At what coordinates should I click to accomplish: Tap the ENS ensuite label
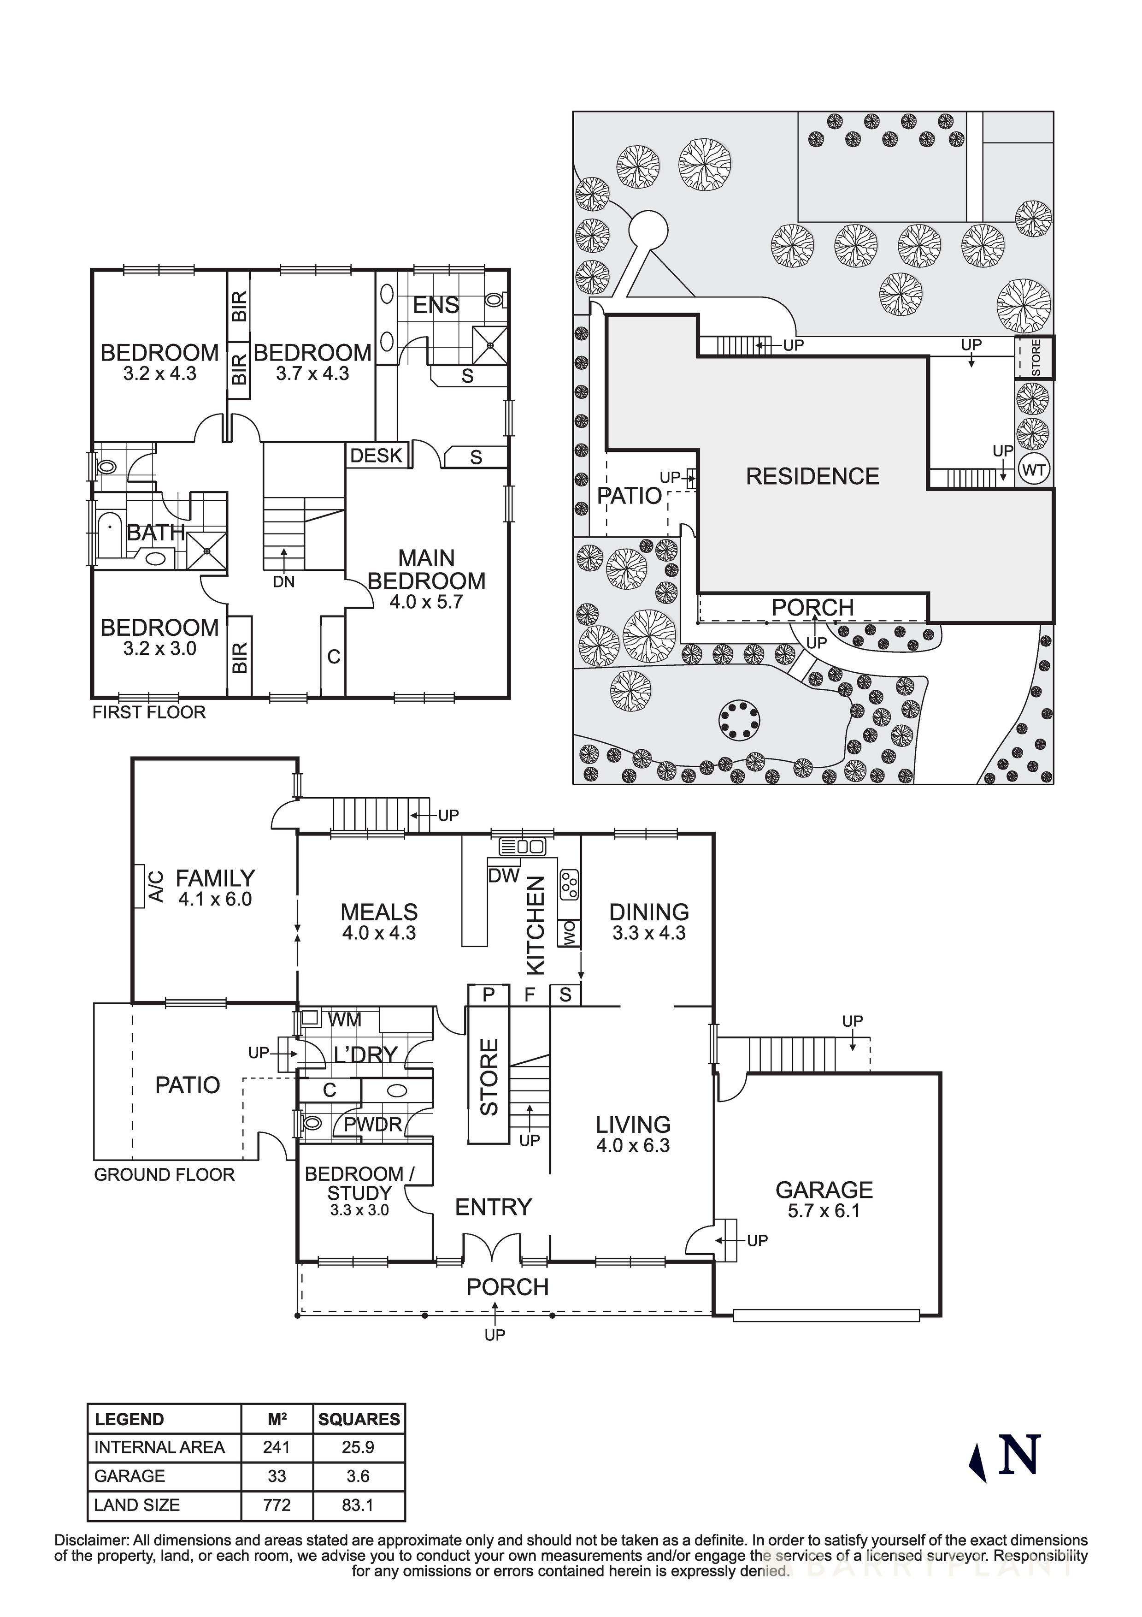coord(436,306)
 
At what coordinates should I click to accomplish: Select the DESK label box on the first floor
coord(376,456)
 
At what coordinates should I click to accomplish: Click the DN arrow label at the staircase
coord(284,582)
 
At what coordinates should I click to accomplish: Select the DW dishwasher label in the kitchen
coord(503,876)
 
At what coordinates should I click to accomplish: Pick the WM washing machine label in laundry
coord(344,1019)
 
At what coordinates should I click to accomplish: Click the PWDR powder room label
coord(372,1124)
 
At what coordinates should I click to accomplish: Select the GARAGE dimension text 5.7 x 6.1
coord(824,1211)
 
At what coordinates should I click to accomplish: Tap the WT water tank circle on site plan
coord(1033,470)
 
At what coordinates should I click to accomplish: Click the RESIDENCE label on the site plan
coord(812,477)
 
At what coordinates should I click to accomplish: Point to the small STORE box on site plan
coord(1034,358)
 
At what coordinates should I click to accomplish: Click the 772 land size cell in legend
coord(277,1505)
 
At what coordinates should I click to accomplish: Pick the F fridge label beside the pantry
coord(530,995)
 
